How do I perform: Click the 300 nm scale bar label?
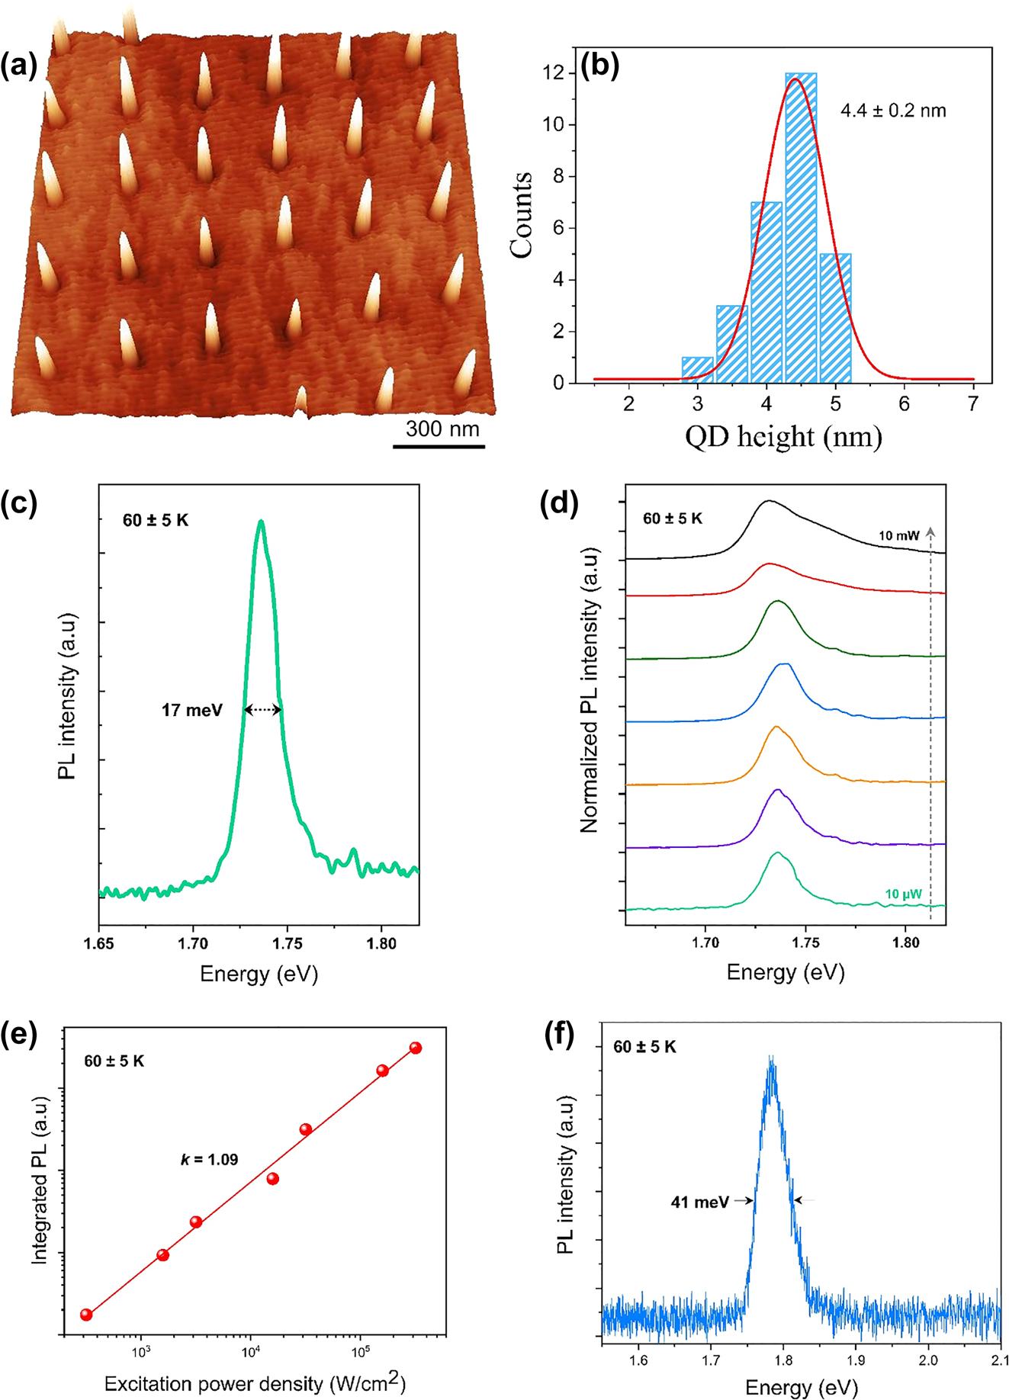442,429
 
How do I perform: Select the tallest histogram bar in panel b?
801,229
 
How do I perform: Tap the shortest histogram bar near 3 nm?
697,370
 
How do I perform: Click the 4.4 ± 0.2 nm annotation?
893,111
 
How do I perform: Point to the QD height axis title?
783,438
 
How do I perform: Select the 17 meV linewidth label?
191,711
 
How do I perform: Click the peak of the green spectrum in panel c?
262,522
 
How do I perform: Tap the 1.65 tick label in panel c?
99,944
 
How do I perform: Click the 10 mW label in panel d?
899,536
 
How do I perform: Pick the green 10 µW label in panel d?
903,894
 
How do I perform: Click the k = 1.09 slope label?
209,1160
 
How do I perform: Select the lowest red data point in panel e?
86,1315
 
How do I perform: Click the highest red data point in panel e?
416,1048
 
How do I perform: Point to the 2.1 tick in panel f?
999,1360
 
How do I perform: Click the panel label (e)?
19,1038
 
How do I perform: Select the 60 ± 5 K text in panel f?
644,1047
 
